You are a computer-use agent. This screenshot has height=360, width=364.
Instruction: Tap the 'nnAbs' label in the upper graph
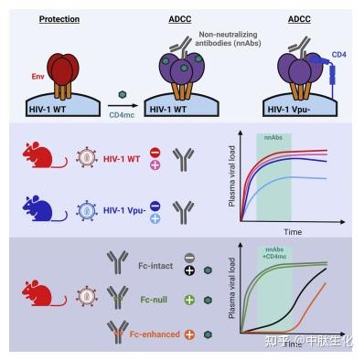tap(273, 136)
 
